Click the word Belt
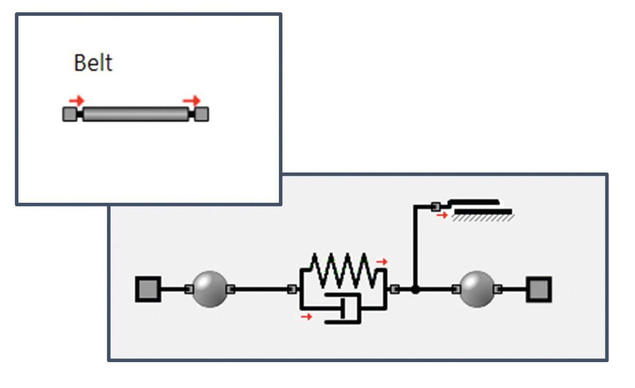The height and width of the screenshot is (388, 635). coord(93,63)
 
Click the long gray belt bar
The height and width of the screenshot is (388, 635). coord(135,114)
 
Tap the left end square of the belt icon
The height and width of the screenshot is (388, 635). coord(70,114)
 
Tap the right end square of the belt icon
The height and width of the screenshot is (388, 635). coord(202,114)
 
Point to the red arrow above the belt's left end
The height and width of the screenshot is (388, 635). coord(77,100)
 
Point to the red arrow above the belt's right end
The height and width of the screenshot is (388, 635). coord(192,100)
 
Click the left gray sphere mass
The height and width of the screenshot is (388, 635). coord(210,289)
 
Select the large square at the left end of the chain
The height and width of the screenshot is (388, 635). coord(148,289)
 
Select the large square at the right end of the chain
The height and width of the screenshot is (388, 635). coord(539,289)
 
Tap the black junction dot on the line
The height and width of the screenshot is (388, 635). coord(416,290)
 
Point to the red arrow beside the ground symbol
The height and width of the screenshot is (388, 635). coord(442,215)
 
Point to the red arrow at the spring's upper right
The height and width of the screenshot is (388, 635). coord(382,261)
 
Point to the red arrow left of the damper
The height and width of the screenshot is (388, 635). coord(305,317)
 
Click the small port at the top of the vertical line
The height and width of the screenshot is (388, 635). coord(435,205)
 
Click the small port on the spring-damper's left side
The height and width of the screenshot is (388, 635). coord(291,289)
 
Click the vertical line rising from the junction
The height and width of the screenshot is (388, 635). coord(416,249)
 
